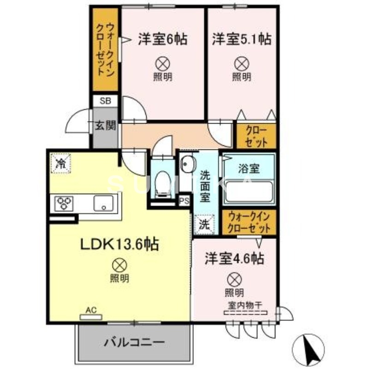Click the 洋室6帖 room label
pos(162,40)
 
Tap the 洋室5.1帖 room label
pos(241,40)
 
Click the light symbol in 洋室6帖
pos(162,62)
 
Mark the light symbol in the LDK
pos(119,264)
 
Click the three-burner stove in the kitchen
pos(65,203)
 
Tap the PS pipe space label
pos(184,201)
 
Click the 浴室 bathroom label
pos(249,168)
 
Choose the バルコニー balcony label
pos(134,343)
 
